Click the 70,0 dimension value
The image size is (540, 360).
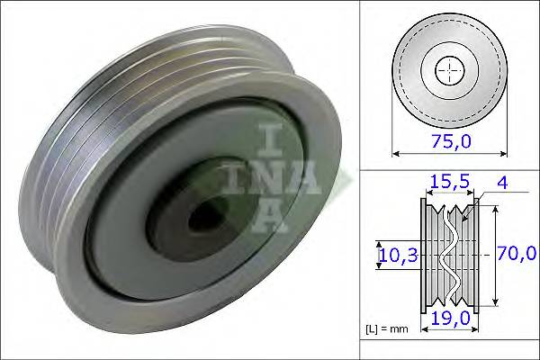pyautogui.click(x=516, y=255)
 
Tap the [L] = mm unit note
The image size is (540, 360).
pyautogui.click(x=389, y=329)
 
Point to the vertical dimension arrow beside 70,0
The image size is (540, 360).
pyautogui.click(x=494, y=256)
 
